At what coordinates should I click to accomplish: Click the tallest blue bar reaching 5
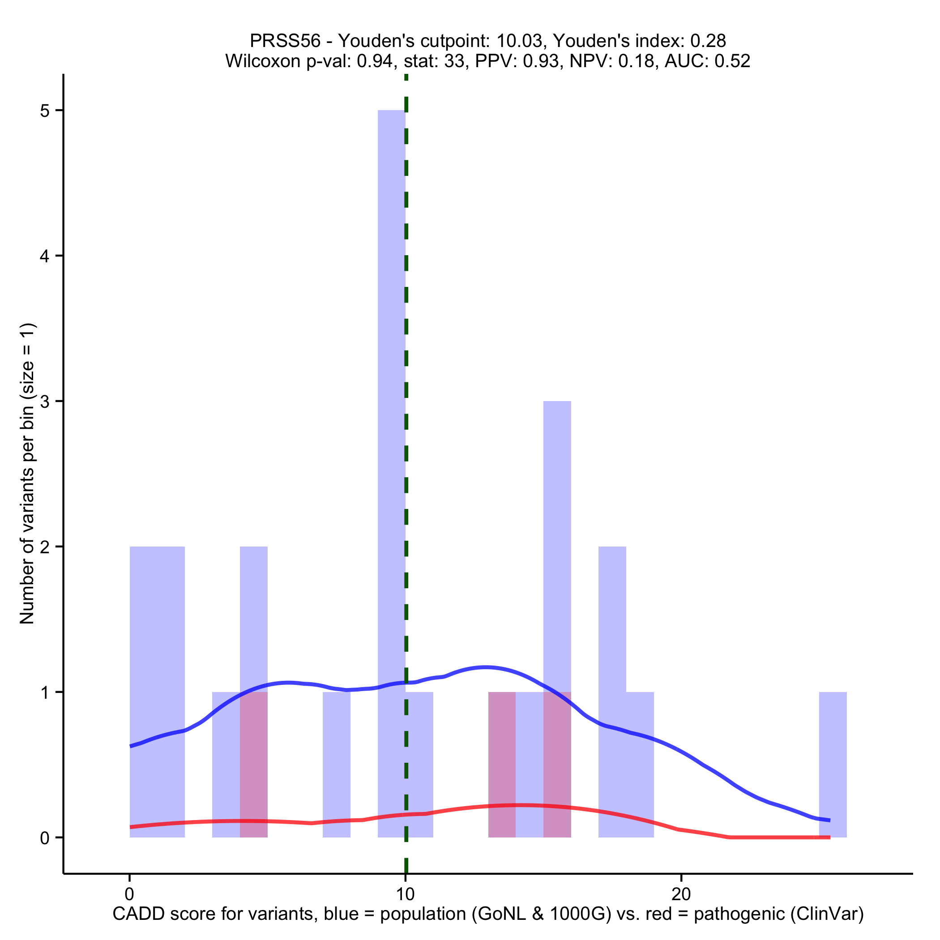391,341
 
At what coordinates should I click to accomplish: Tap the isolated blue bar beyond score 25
833,765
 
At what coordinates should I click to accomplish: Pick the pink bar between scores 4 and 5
253,765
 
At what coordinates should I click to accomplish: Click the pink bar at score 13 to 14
502,765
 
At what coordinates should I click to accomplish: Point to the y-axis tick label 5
45,111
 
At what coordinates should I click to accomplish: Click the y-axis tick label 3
45,402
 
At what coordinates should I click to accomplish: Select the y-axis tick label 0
45,838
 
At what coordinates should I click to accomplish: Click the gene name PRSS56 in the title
285,41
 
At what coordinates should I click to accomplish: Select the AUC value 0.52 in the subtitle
732,61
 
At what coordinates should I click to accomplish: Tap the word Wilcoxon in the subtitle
263,61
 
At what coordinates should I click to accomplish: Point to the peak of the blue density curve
485,667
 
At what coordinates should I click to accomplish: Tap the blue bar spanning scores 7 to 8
337,765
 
